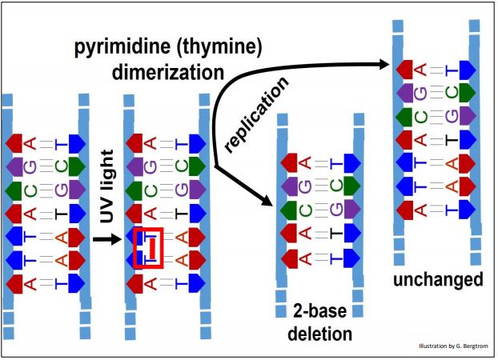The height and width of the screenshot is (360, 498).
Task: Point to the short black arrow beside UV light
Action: pyautogui.click(x=103, y=238)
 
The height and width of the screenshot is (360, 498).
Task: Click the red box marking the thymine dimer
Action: pyautogui.click(x=148, y=247)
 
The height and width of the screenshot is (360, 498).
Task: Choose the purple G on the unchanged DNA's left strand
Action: pyautogui.click(x=409, y=91)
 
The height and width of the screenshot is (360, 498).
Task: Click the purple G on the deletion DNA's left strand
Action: pyautogui.click(x=292, y=186)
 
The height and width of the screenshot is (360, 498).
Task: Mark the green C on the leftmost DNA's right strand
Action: pyautogui.click(x=77, y=167)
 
